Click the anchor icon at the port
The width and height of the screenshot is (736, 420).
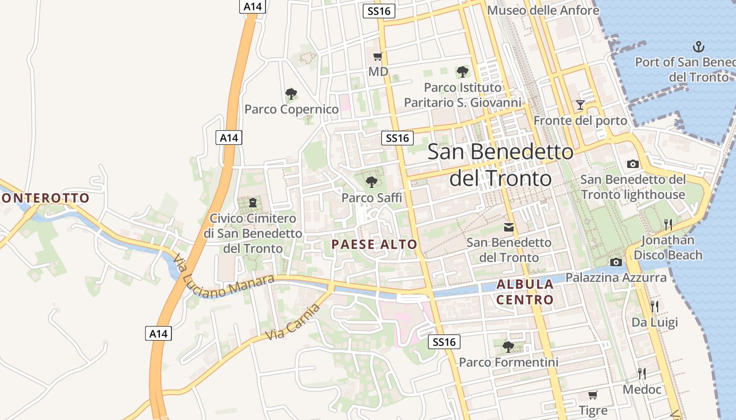(x=698, y=47)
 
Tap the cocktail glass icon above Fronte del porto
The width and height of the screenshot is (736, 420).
(x=580, y=105)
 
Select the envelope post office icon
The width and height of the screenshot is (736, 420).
(x=509, y=227)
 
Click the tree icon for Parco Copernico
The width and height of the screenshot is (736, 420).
(x=291, y=94)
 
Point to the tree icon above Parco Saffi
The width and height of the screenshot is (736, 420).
(x=372, y=182)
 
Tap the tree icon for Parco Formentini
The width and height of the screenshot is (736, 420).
(x=508, y=346)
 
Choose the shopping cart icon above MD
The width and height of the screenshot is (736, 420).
(x=377, y=57)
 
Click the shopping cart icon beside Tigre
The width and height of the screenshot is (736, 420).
(x=592, y=395)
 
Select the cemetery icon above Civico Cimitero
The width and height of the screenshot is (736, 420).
(x=253, y=202)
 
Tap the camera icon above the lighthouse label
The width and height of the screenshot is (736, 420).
(x=633, y=164)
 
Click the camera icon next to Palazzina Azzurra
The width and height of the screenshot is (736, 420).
(x=616, y=262)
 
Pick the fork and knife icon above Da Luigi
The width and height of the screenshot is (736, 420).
(x=654, y=306)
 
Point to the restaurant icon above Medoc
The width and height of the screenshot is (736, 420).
(x=641, y=374)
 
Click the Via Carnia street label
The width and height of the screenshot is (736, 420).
(x=293, y=321)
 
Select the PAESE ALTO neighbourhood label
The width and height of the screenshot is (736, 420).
(x=374, y=244)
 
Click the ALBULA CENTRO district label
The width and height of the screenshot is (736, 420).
(x=525, y=292)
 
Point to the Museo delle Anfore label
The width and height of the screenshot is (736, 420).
(x=543, y=10)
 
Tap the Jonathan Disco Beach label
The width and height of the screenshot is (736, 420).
(x=668, y=248)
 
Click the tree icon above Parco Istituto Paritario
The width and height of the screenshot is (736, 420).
(x=463, y=71)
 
